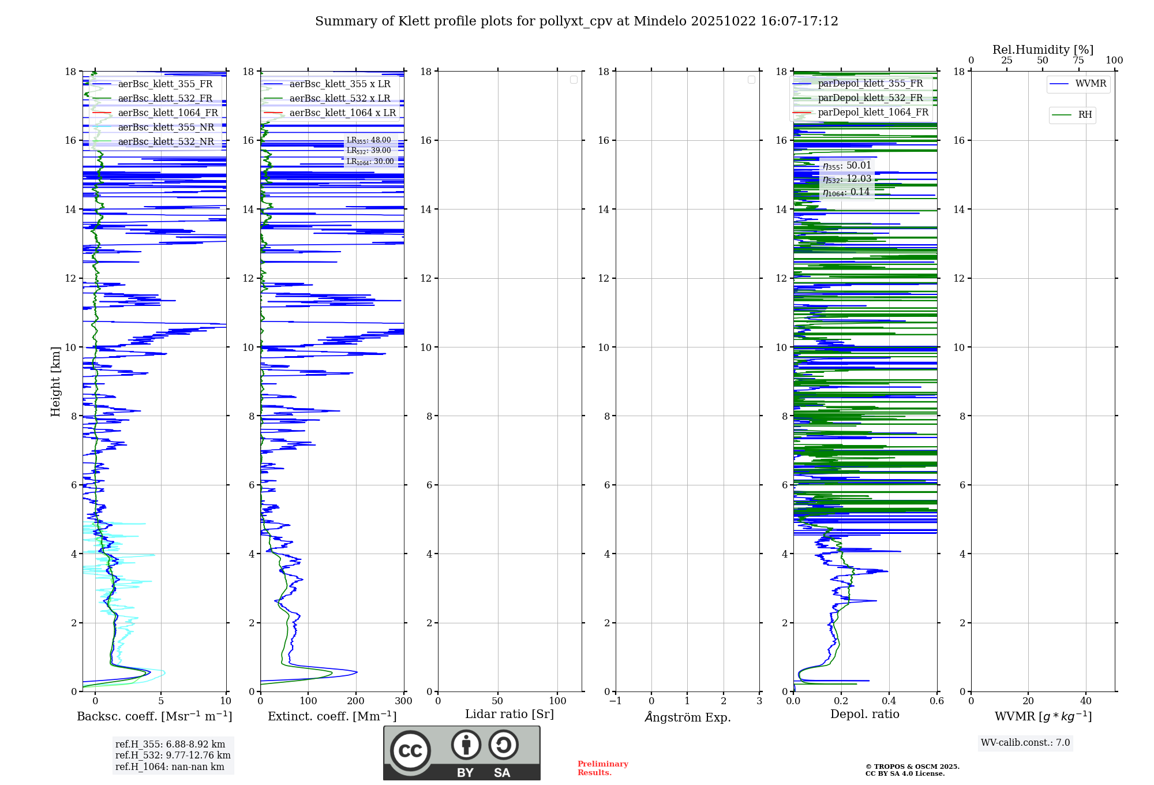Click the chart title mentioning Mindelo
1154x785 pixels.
point(576,21)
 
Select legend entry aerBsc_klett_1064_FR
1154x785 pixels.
point(168,113)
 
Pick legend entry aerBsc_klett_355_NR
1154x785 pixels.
point(166,127)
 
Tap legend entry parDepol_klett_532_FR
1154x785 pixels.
point(870,98)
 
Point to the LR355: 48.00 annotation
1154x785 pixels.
point(368,140)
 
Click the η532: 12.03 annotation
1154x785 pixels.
point(847,179)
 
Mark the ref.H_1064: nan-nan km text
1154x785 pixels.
point(170,767)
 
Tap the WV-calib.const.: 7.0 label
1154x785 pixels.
point(1025,742)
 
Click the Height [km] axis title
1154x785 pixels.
point(55,381)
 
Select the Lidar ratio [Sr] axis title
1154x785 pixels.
point(509,714)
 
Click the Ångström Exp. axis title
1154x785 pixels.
point(687,717)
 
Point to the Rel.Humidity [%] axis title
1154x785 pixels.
point(1043,50)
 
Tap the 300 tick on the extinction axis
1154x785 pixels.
point(404,701)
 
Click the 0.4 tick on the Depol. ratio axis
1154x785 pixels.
point(889,701)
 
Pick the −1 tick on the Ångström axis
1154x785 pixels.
point(616,701)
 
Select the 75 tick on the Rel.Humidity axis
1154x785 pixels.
point(1078,60)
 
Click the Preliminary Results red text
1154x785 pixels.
point(602,768)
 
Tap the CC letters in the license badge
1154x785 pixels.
point(410,750)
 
